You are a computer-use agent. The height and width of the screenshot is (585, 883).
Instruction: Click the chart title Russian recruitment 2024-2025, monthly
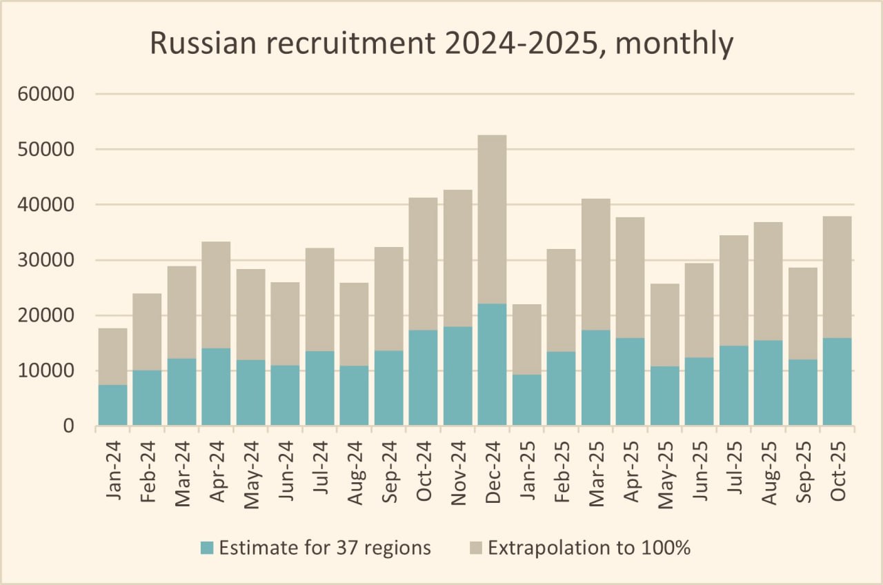point(441,43)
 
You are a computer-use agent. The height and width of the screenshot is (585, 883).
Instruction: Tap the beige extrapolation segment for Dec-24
point(492,219)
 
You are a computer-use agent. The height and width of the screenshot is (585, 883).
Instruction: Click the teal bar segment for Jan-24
point(112,405)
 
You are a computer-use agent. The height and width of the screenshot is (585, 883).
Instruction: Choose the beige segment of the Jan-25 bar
point(526,339)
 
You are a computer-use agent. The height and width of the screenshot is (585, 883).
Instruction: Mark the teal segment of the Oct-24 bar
point(423,377)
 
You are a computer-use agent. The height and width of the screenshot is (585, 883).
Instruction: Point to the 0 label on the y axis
point(68,427)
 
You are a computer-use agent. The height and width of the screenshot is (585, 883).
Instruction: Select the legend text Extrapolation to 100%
point(589,548)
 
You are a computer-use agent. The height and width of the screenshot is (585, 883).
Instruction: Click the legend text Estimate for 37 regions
point(325,548)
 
